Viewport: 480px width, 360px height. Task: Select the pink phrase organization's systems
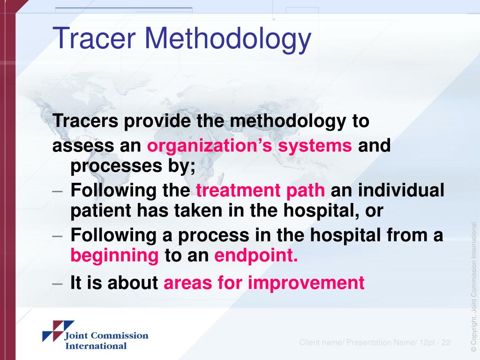click(x=249, y=146)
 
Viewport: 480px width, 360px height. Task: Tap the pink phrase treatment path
click(x=260, y=191)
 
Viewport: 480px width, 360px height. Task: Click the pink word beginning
click(x=115, y=256)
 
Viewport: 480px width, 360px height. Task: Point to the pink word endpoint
click(x=256, y=256)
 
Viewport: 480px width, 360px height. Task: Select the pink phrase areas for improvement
click(x=263, y=283)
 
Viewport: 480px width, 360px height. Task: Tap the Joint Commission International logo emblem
click(x=58, y=330)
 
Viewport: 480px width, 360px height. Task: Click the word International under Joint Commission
click(x=96, y=346)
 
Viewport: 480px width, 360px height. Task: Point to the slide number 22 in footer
click(x=445, y=343)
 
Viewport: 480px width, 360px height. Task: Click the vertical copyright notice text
click(x=473, y=286)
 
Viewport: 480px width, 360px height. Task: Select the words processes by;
click(x=133, y=166)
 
